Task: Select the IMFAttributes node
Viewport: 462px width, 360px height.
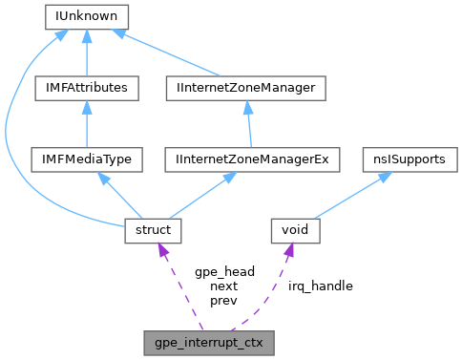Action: click(x=87, y=88)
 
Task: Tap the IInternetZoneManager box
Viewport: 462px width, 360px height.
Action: click(x=245, y=88)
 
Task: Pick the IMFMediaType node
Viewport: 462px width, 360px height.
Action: click(x=87, y=159)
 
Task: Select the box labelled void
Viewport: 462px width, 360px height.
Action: click(x=293, y=230)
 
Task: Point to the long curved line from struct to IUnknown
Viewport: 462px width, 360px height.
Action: click(x=11, y=134)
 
